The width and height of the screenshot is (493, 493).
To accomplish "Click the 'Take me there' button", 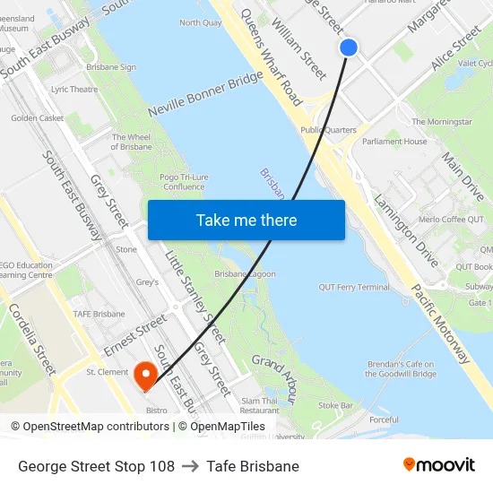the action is pos(246,220).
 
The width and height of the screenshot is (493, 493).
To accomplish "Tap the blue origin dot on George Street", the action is pos(349,48).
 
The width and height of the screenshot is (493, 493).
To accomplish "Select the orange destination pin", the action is pos(145,375).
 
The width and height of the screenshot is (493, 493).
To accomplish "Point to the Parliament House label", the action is pos(394,142).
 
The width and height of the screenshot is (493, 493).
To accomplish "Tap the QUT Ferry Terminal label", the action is pos(354,287).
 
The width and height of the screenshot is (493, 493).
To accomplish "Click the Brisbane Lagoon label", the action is pos(245,273).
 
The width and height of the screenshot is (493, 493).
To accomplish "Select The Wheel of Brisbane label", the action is pos(131,143).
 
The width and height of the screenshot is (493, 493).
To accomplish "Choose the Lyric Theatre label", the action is pos(74,90).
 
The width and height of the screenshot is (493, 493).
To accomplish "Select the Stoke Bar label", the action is pos(334,405).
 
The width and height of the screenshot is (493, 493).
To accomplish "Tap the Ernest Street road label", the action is pos(135,334).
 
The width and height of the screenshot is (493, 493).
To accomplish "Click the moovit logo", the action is pos(438,465).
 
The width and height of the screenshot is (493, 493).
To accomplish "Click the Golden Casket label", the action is pos(37,117).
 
